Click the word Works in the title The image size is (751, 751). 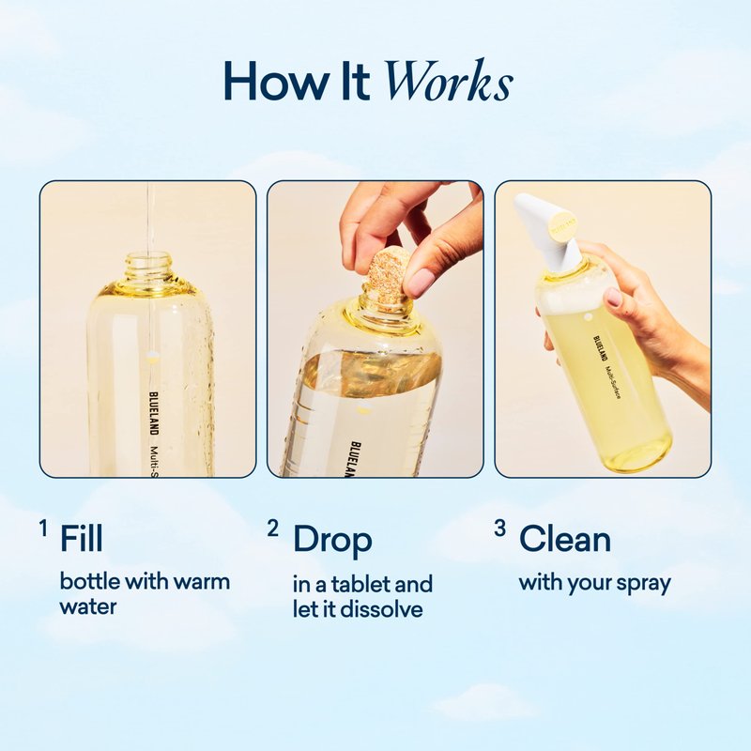point(450,81)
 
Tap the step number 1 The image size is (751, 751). point(43,529)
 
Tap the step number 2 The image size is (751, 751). point(273,529)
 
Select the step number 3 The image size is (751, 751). point(500,529)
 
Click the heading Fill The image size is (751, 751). point(81,539)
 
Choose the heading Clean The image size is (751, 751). point(565,539)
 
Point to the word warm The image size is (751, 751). point(201,582)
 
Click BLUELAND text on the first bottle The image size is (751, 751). point(154,414)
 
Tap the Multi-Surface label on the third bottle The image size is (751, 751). point(613,382)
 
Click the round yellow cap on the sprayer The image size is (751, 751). point(563,225)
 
